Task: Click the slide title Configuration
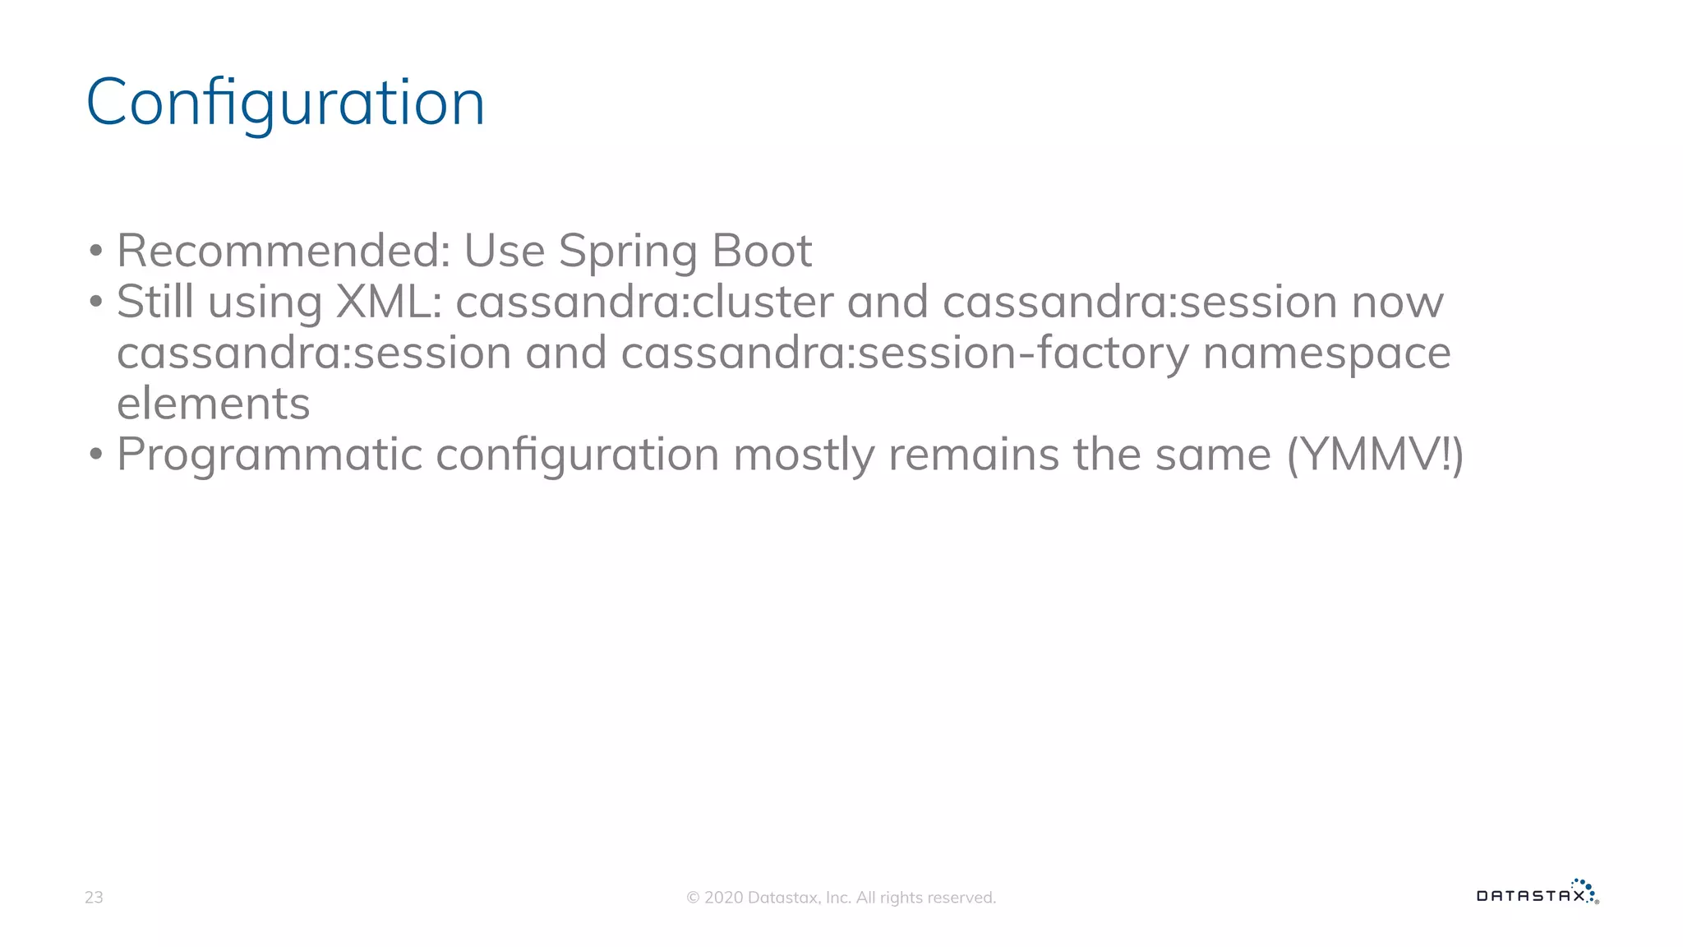285,103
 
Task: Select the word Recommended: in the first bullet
284,251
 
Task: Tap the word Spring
628,252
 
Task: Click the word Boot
762,251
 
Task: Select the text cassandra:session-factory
904,353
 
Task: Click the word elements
214,404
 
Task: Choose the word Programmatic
270,455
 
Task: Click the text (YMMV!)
1375,455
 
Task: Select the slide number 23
94,898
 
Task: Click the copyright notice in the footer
841,898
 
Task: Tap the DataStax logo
1537,894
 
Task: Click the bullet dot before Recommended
96,252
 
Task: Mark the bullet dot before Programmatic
96,455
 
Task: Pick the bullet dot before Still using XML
96,303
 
